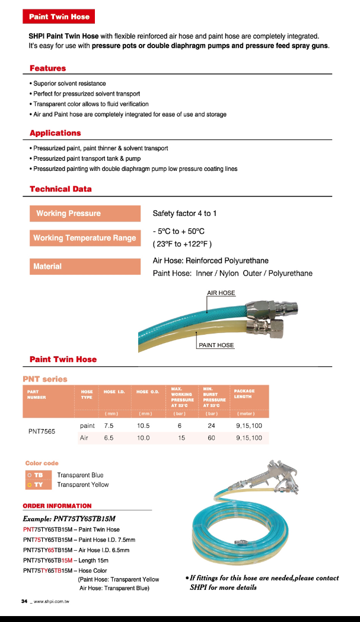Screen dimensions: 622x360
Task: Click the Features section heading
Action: pyautogui.click(x=48, y=68)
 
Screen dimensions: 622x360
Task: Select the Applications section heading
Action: pyautogui.click(x=55, y=133)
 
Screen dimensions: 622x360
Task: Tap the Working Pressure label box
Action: pyautogui.click(x=85, y=214)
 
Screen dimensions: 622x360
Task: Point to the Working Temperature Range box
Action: pyautogui.click(x=85, y=238)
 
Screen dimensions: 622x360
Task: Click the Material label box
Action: pyautogui.click(x=85, y=266)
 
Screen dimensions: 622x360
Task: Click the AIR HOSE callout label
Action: pyautogui.click(x=221, y=293)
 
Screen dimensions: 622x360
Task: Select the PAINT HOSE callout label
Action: pyautogui.click(x=216, y=345)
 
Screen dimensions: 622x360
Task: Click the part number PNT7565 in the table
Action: pyautogui.click(x=42, y=431)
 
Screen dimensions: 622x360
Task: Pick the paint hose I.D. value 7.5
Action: pyautogui.click(x=109, y=426)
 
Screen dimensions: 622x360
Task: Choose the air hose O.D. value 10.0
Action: pyautogui.click(x=143, y=438)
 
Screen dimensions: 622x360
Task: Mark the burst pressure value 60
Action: pyautogui.click(x=211, y=438)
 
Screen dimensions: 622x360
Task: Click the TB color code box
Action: pyautogui.click(x=37, y=475)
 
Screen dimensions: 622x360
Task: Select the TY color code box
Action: pyautogui.click(x=37, y=485)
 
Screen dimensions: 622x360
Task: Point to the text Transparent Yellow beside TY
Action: pyautogui.click(x=83, y=485)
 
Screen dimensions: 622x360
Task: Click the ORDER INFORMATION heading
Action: pyautogui.click(x=57, y=506)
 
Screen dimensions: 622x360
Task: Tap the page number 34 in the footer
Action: pyautogui.click(x=24, y=601)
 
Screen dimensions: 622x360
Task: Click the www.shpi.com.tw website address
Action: pyautogui.click(x=52, y=602)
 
